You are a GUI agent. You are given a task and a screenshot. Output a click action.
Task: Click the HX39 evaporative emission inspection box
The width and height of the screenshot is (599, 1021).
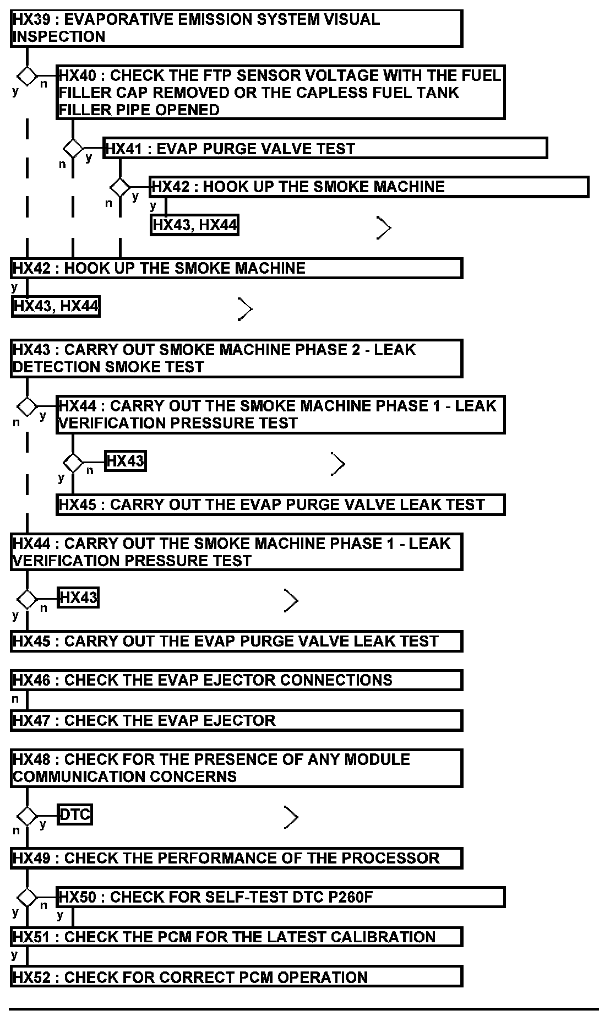click(x=236, y=28)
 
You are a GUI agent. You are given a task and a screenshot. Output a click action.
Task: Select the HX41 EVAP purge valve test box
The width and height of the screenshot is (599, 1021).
click(x=325, y=149)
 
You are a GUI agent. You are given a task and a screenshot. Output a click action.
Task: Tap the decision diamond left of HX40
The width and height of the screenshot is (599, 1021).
click(x=26, y=75)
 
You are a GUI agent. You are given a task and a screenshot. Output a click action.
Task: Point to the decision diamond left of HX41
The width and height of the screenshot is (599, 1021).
click(x=73, y=148)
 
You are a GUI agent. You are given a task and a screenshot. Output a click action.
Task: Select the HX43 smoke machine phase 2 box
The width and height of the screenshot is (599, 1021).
click(x=236, y=359)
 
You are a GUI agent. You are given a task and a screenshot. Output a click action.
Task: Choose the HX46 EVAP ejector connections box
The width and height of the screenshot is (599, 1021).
click(x=236, y=680)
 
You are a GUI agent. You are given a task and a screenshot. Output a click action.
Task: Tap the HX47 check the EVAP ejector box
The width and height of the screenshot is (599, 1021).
click(x=236, y=720)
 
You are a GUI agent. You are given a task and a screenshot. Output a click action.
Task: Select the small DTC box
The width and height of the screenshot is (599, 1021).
click(x=74, y=814)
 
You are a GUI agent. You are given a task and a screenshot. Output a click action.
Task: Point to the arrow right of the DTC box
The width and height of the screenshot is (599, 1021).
click(x=291, y=817)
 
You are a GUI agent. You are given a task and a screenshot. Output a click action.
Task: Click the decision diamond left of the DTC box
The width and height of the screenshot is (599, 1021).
click(x=26, y=815)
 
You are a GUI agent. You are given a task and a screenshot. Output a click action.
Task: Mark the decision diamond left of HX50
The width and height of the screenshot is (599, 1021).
click(x=26, y=898)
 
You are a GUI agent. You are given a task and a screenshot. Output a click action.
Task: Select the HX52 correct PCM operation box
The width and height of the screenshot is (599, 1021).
click(x=236, y=977)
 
